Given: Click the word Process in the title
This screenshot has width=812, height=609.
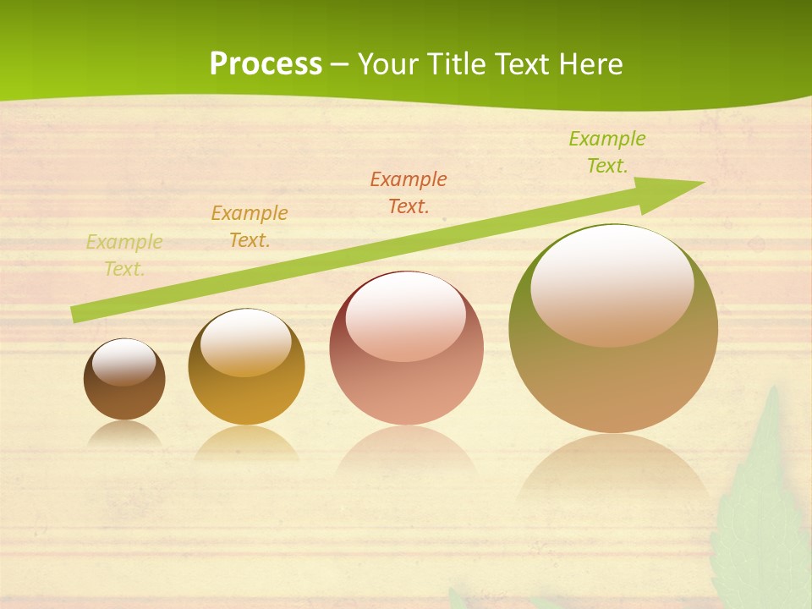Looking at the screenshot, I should click(x=266, y=64).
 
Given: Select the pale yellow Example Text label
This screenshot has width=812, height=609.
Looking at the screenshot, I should click(x=124, y=255).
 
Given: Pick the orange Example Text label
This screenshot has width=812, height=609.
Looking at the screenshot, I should click(x=250, y=227).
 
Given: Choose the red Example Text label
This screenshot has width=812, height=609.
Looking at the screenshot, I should click(x=409, y=192).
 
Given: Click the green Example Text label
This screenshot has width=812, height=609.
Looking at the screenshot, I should click(x=607, y=152).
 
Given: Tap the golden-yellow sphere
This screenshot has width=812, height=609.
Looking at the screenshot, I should click(x=246, y=398).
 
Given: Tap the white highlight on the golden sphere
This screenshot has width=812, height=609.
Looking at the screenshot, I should click(x=246, y=343).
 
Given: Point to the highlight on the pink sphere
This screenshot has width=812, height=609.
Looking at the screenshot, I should click(x=406, y=316).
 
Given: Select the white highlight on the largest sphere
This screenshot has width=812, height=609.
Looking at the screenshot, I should click(x=612, y=285).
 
